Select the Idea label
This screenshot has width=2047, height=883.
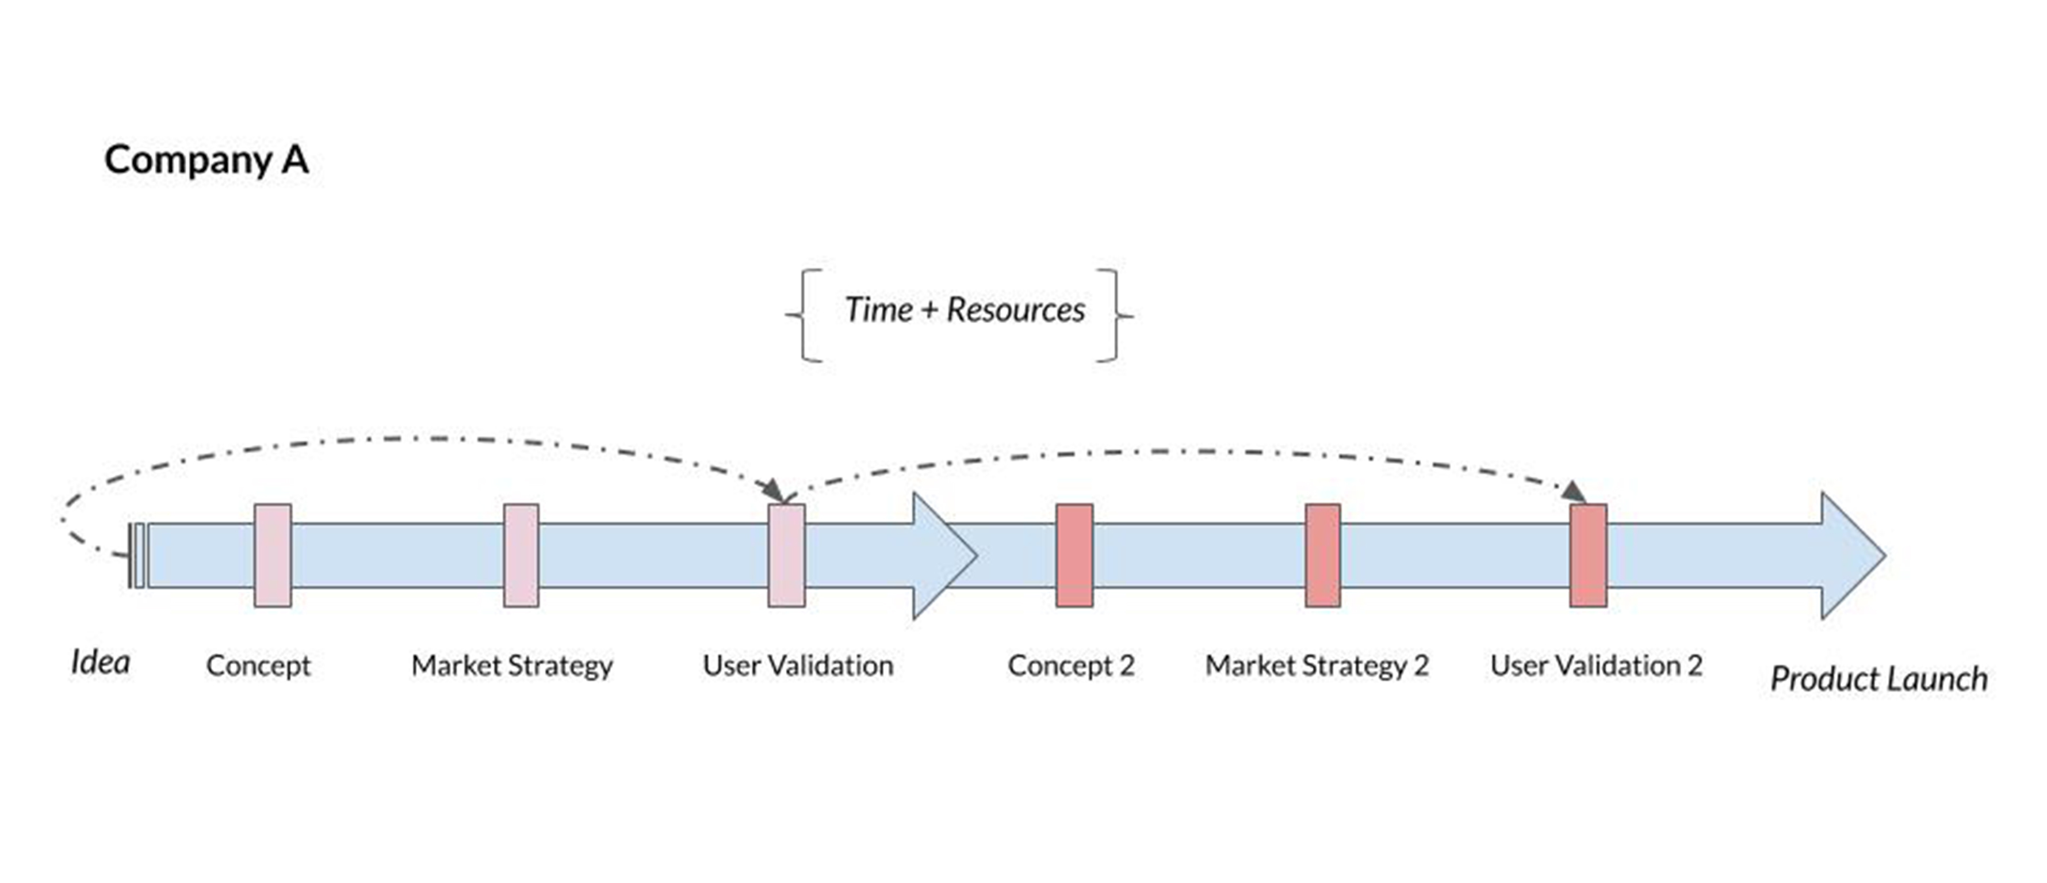pyautogui.click(x=100, y=662)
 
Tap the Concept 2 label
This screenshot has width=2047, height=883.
pyautogui.click(x=1071, y=665)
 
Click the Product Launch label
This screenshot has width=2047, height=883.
pyautogui.click(x=1879, y=679)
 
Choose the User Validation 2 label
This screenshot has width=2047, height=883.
pyautogui.click(x=1597, y=665)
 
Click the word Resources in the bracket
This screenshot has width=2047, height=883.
pyautogui.click(x=1016, y=310)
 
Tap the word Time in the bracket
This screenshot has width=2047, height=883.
pyautogui.click(x=879, y=310)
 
